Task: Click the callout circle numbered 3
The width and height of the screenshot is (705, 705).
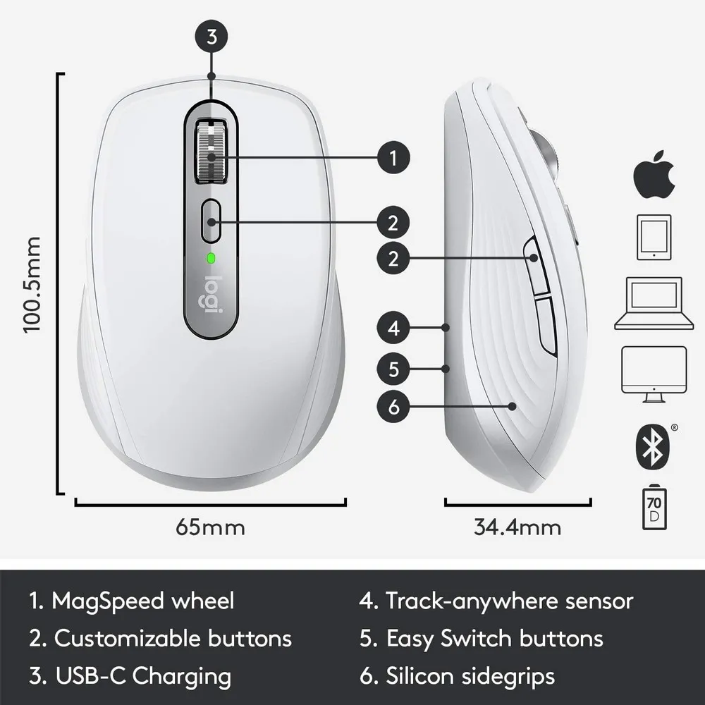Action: click(x=211, y=37)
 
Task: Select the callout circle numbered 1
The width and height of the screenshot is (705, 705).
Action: click(x=393, y=157)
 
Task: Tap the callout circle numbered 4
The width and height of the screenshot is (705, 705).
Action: click(x=393, y=327)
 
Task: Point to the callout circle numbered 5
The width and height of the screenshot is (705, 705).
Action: click(x=393, y=367)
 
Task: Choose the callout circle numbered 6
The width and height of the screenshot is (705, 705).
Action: click(x=393, y=406)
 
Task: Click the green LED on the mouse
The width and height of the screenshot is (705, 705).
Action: click(x=210, y=258)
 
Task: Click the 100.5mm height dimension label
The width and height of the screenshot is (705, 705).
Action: click(x=33, y=284)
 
